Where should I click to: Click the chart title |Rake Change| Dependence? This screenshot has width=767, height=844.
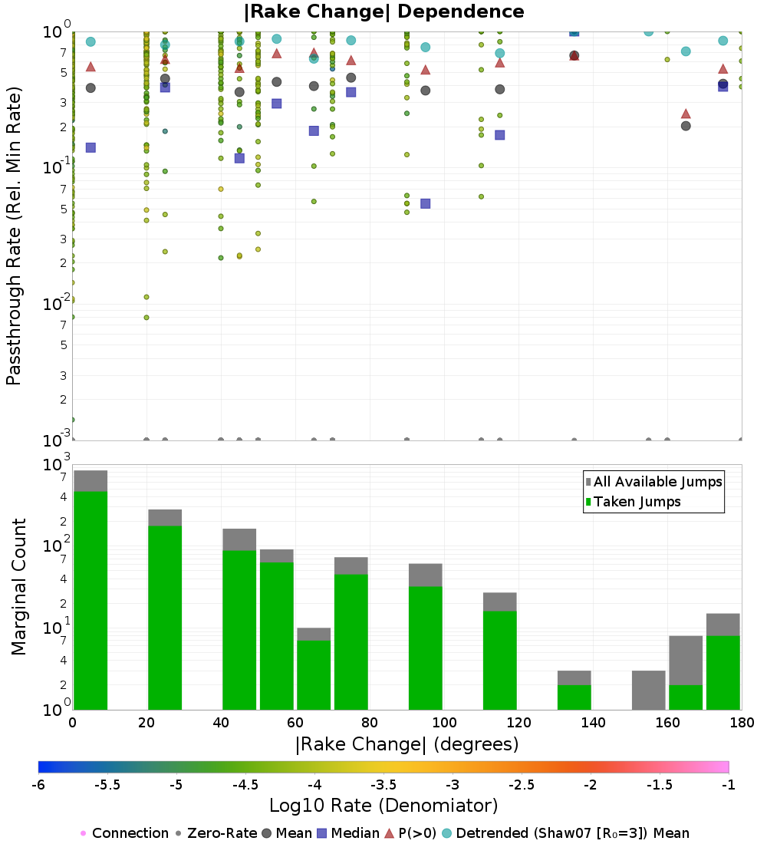tap(383, 12)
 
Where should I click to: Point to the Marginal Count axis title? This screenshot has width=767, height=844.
tap(18, 587)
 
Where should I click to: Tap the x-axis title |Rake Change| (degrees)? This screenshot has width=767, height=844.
tap(407, 744)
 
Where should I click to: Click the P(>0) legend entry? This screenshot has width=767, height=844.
tap(417, 833)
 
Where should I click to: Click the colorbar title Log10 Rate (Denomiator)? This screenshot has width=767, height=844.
tap(383, 806)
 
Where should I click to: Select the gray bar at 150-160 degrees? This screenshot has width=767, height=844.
tap(648, 690)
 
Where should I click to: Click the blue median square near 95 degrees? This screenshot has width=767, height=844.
tap(425, 203)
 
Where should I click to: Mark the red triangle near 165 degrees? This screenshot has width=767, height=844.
tap(686, 114)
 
